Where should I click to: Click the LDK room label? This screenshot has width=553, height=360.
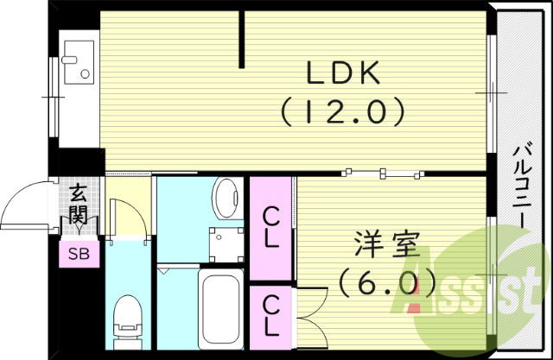coord(343,75)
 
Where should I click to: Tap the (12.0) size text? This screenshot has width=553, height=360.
coord(342,111)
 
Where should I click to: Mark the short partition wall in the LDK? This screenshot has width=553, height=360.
coord(244,38)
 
